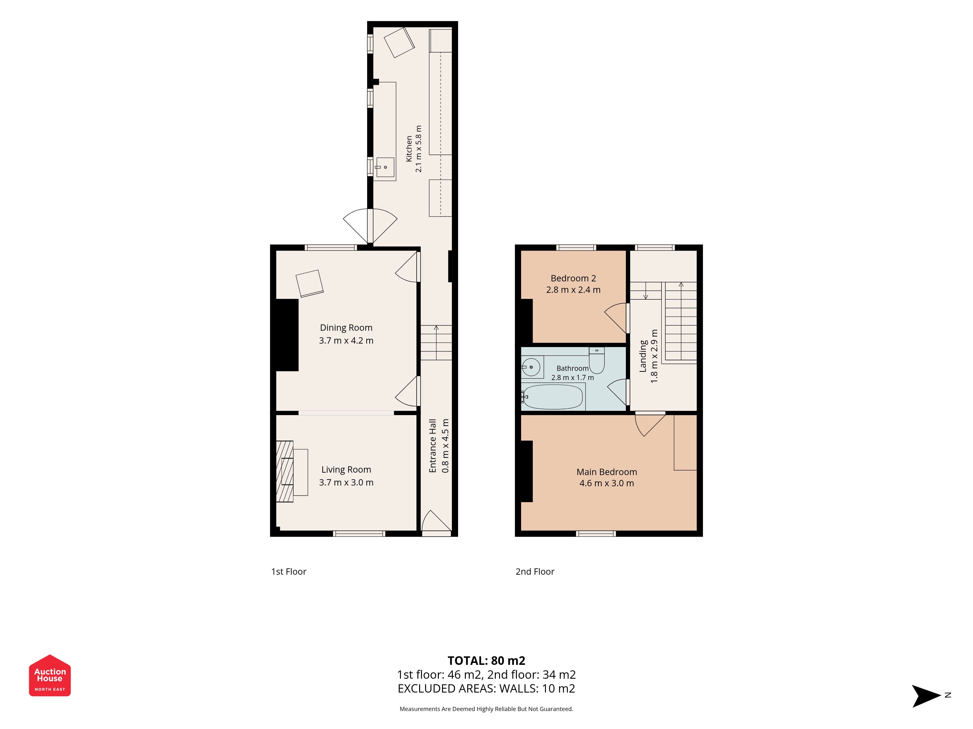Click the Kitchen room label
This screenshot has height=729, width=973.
(409, 148)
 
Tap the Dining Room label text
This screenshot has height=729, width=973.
(346, 328)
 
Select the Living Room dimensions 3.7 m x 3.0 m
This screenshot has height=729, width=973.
(346, 483)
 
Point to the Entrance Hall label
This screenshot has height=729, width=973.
(433, 446)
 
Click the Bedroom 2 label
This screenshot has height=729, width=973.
(573, 278)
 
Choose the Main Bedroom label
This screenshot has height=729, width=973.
(607, 472)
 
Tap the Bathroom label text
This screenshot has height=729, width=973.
(572, 368)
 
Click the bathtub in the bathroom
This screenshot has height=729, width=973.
(553, 397)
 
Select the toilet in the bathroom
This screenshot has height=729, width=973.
(597, 360)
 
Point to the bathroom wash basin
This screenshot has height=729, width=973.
(532, 367)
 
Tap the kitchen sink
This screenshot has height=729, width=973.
(385, 167)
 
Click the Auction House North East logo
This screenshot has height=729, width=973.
(50, 675)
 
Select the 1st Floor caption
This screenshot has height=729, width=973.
(288, 572)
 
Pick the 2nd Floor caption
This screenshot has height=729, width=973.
(535, 572)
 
